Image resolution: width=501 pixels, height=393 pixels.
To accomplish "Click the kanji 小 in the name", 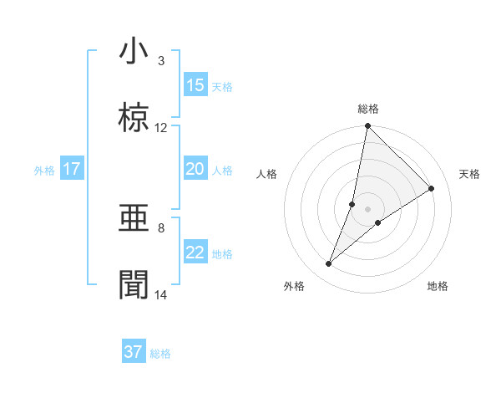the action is click(x=134, y=51).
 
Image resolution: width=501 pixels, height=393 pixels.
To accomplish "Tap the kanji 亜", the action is click(x=134, y=219).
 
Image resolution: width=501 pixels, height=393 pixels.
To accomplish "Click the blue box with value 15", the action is click(x=195, y=85).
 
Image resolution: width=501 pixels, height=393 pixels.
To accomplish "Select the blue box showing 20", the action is click(x=195, y=169).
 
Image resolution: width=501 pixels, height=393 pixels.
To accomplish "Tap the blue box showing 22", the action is click(x=195, y=253).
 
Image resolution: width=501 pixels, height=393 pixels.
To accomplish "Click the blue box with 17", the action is click(x=72, y=169).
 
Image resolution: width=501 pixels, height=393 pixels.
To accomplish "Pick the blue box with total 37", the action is click(x=134, y=352).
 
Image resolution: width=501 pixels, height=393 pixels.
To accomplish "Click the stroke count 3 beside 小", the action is click(x=161, y=61).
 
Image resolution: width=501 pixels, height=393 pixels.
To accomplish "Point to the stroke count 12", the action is click(x=161, y=128).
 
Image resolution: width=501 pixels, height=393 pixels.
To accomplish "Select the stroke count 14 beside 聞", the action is click(x=161, y=295).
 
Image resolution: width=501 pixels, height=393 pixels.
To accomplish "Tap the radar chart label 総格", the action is click(x=367, y=109).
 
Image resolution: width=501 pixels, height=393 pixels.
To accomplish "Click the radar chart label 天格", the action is click(x=470, y=174).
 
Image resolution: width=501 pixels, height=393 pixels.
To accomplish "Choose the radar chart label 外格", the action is click(x=294, y=286).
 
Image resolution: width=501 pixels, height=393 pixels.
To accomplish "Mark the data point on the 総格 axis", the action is click(x=367, y=126).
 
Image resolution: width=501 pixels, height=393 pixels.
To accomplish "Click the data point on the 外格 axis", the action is click(x=329, y=264).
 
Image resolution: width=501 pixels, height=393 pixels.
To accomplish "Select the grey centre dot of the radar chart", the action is click(x=367, y=208).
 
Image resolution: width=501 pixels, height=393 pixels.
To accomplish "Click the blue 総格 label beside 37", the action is click(x=160, y=354).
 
